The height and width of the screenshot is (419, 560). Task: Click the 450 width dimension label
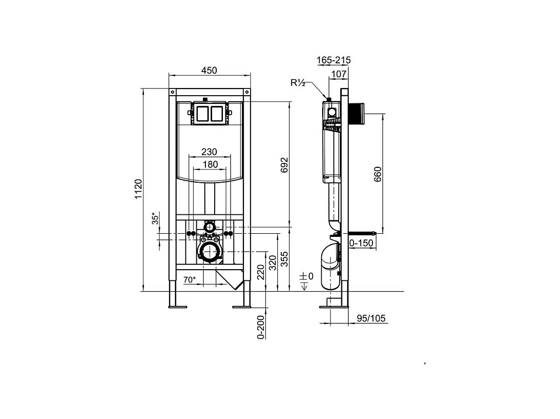coord(209,70)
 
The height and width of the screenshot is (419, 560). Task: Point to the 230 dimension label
coord(209,152)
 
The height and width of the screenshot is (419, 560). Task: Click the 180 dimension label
coord(209,164)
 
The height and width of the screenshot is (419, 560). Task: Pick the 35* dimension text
coord(154,218)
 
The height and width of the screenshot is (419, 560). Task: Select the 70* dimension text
coord(190,279)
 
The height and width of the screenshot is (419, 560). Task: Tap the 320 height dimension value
coord(273,262)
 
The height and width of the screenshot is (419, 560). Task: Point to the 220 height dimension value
coord(261,272)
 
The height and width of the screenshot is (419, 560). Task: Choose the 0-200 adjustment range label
coord(261,327)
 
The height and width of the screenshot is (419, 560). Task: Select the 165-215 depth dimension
coord(334,60)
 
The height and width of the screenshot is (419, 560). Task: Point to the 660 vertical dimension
coord(378,175)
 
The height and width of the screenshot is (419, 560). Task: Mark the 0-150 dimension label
coord(361,243)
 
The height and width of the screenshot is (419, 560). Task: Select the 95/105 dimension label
coord(370,318)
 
